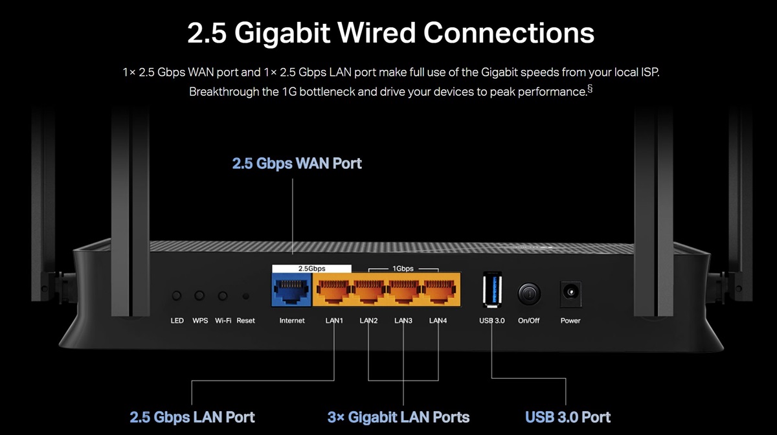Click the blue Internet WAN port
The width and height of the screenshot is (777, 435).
click(x=291, y=289)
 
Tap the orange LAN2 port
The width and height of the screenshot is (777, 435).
click(x=368, y=289)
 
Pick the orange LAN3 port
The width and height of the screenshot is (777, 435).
click(x=403, y=289)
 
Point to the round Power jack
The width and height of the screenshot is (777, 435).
click(x=570, y=293)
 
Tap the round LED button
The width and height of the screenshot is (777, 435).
click(x=177, y=296)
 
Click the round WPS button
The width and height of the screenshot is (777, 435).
click(x=200, y=296)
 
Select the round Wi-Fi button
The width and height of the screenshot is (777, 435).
click(x=223, y=296)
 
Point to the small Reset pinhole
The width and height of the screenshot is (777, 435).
click(x=245, y=296)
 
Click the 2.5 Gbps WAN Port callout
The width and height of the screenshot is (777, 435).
click(x=297, y=163)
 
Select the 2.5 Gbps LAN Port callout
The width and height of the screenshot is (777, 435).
click(x=192, y=417)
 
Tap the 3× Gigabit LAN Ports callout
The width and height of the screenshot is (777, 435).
click(x=398, y=417)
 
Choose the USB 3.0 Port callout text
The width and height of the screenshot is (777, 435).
click(x=568, y=417)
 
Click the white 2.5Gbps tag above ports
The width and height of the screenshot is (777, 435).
click(x=311, y=268)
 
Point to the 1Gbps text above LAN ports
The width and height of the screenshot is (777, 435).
click(x=403, y=268)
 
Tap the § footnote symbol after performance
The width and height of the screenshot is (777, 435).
click(x=589, y=89)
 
